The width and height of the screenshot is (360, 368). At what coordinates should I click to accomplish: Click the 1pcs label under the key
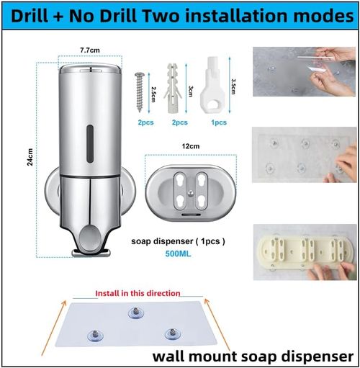point(219,123)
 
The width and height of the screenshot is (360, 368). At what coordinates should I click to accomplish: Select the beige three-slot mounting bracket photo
point(305,255)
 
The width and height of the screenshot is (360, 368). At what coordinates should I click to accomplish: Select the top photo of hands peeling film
point(305,72)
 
